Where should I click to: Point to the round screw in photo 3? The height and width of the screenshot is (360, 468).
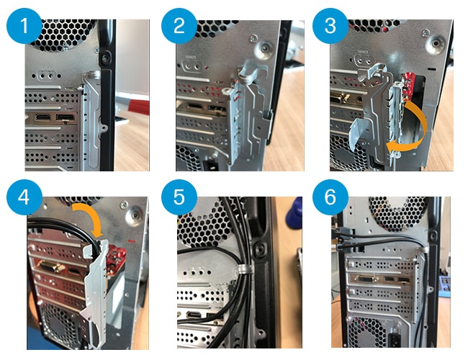(433, 42)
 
